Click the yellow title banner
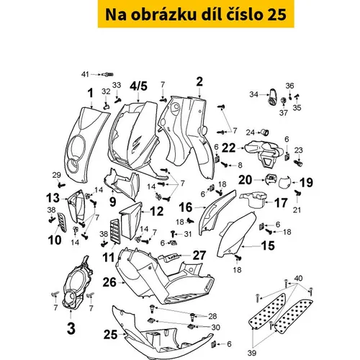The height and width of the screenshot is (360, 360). pyautogui.click(x=196, y=14)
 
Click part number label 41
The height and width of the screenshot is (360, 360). pyautogui.click(x=85, y=74)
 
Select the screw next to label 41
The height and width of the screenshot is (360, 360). pyautogui.click(x=108, y=75)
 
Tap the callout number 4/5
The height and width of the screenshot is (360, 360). pyautogui.click(x=138, y=86)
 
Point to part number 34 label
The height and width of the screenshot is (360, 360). pyautogui.click(x=253, y=94)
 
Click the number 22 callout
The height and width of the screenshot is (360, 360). pyautogui.click(x=228, y=148)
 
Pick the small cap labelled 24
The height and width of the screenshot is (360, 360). pyautogui.click(x=265, y=132)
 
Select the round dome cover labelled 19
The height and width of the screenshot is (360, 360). pyautogui.click(x=284, y=182)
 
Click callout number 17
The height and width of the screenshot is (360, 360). pyautogui.click(x=281, y=203)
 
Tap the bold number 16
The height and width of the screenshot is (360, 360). pyautogui.click(x=186, y=207)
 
